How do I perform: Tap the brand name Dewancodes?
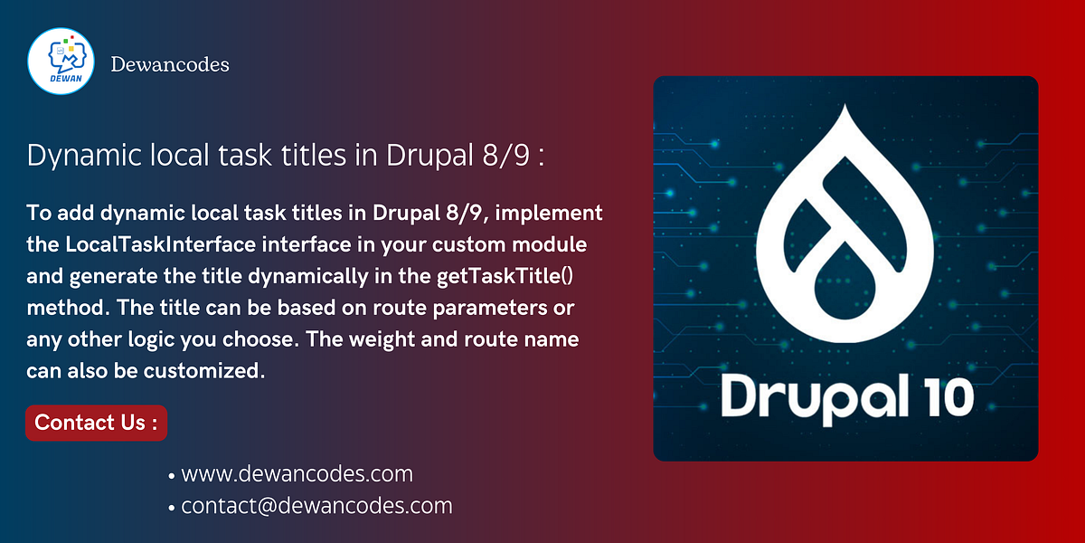(169, 65)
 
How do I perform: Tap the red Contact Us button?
(96, 423)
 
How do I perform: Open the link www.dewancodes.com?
(297, 473)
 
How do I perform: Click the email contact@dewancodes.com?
(316, 506)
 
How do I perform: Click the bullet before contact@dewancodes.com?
(172, 508)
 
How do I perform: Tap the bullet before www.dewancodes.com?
(172, 475)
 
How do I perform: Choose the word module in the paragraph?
(553, 244)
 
